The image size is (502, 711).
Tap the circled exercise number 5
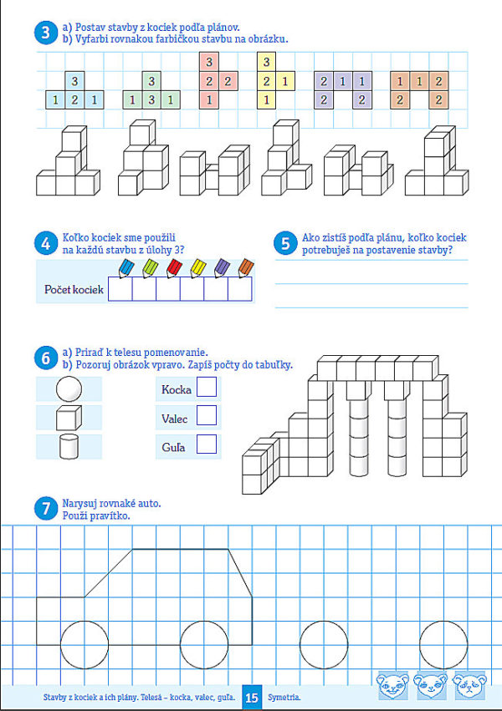pyautogui.click(x=285, y=243)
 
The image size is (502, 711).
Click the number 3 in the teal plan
pyautogui.click(x=74, y=81)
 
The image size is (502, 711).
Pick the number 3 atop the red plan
pyautogui.click(x=208, y=62)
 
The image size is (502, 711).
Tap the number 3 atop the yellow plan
pyautogui.click(x=266, y=62)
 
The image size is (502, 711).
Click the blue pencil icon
pyautogui.click(x=125, y=267)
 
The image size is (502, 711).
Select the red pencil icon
pyautogui.click(x=173, y=267)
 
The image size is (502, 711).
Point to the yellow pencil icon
pyautogui.click(x=197, y=267)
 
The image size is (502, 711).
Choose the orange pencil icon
pyautogui.click(x=245, y=267)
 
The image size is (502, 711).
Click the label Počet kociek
pyautogui.click(x=74, y=290)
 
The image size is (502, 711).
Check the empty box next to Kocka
pyautogui.click(x=206, y=388)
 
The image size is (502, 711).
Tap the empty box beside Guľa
pyautogui.click(x=206, y=444)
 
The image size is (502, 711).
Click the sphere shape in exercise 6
pyautogui.click(x=68, y=389)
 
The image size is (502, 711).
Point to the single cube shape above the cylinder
pyautogui.click(x=69, y=417)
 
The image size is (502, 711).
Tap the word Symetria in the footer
pyautogui.click(x=284, y=696)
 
